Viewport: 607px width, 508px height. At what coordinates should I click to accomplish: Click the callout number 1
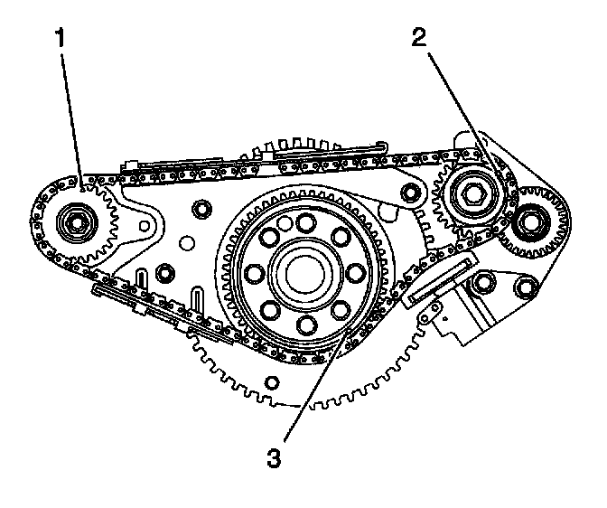point(61,39)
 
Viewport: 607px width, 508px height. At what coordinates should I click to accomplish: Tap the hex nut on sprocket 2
point(472,192)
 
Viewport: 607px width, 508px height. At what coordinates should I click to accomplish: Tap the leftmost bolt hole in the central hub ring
point(255,272)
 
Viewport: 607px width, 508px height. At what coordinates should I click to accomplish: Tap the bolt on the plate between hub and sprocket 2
point(411,193)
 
